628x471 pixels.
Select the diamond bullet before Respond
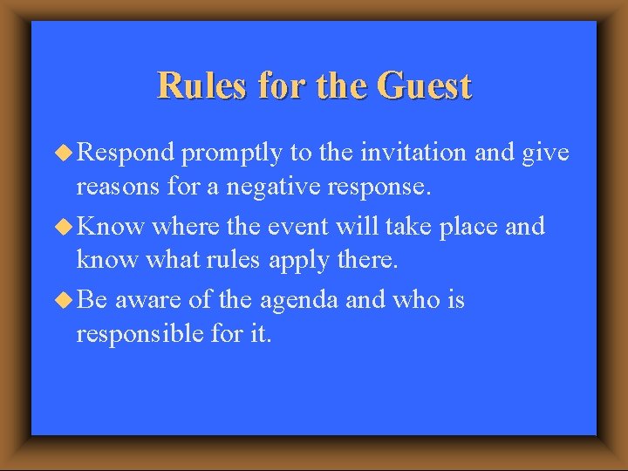pos(65,153)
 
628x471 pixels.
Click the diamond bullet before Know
pos(65,227)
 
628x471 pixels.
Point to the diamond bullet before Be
pos(65,300)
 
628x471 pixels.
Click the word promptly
pos(234,154)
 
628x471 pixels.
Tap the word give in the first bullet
pos(545,154)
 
